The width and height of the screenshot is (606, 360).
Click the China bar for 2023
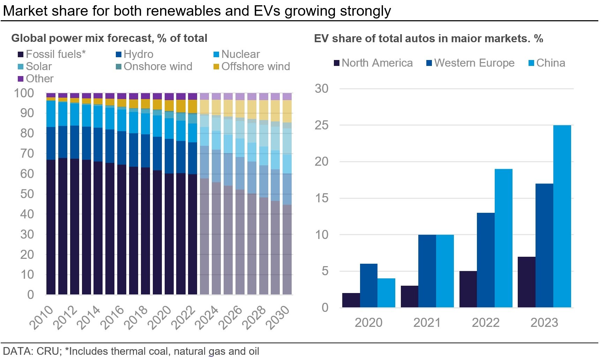(562, 216)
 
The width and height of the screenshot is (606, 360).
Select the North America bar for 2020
(351, 300)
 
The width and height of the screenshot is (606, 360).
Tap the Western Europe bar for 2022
(486, 260)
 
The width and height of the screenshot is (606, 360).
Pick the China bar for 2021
(445, 271)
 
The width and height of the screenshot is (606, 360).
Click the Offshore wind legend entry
(252, 66)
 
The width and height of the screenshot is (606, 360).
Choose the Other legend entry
(36, 78)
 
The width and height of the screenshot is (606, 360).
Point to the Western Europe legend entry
(471, 63)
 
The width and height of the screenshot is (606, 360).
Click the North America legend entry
(373, 63)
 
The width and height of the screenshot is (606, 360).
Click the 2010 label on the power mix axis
(42, 317)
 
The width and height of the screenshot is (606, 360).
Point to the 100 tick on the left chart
(24, 93)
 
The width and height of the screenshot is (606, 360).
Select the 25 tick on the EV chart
(321, 125)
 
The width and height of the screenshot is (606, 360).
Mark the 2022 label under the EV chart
(486, 323)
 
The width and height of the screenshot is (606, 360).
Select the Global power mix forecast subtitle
(109, 38)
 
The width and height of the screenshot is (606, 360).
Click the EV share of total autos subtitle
(428, 38)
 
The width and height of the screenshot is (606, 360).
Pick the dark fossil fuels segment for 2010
(51, 227)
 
